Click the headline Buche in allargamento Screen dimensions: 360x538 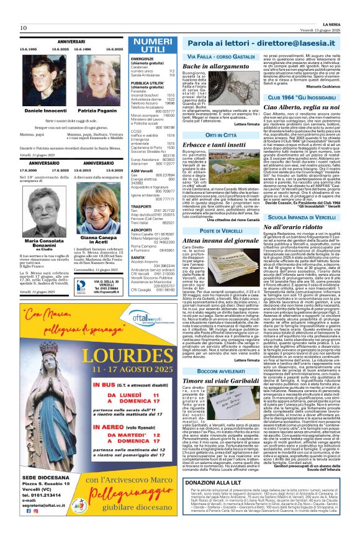tap(212, 66)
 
